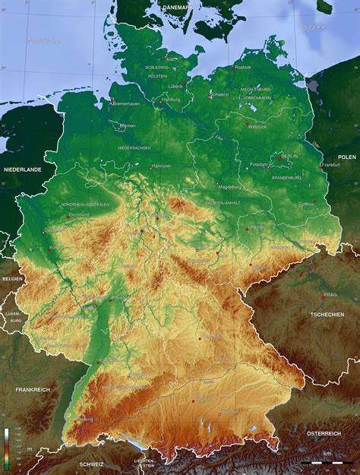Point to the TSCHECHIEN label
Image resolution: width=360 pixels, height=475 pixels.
pyautogui.click(x=327, y=314)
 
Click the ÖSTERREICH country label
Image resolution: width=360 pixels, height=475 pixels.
pyautogui.click(x=324, y=432)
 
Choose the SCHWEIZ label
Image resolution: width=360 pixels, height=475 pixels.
pyautogui.click(x=90, y=463)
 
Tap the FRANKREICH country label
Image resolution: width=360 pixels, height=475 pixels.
pyautogui.click(x=32, y=389)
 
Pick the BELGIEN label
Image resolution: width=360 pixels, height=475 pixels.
pyautogui.click(x=12, y=280)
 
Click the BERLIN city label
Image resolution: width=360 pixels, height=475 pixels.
pyautogui.click(x=289, y=157)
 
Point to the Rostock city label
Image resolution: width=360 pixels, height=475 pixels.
pyautogui.click(x=243, y=67)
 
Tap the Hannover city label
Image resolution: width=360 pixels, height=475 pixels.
pyautogui.click(x=162, y=165)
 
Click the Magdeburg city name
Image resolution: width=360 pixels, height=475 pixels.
pyautogui.click(x=229, y=186)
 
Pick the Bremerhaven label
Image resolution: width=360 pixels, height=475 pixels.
pyautogui.click(x=127, y=103)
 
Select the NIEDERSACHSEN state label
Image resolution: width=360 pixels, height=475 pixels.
pyautogui.click(x=134, y=147)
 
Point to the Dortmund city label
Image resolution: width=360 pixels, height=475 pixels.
pyautogui.click(x=79, y=215)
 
